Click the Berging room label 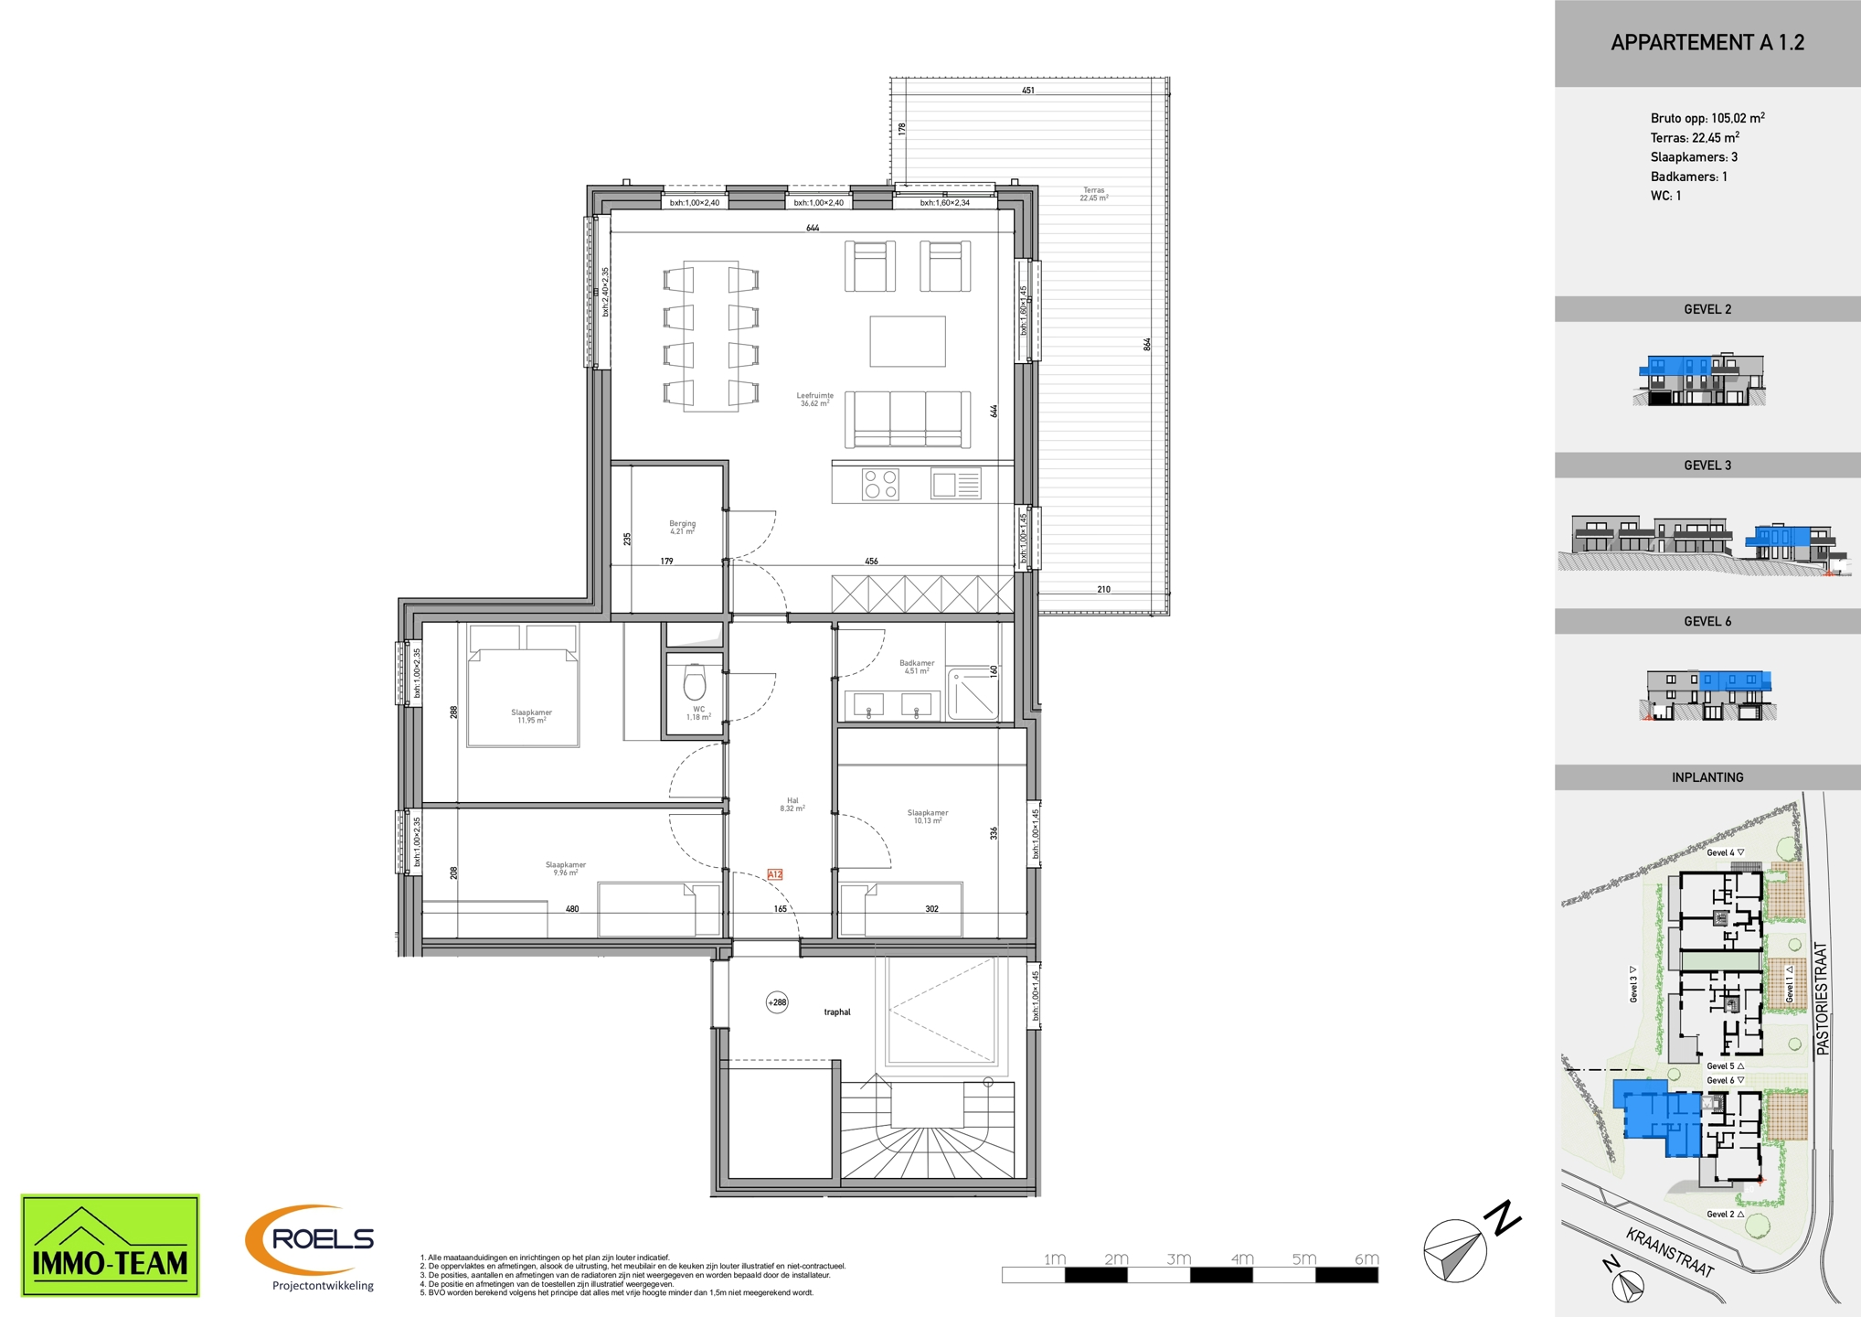[x=682, y=528]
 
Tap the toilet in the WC [x=695, y=682]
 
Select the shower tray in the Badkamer [x=973, y=694]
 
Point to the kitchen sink [x=956, y=484]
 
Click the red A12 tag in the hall [x=774, y=874]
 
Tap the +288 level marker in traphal [x=777, y=1002]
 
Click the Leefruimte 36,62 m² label [x=814, y=400]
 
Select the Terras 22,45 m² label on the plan [x=1094, y=194]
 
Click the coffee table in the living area [x=907, y=341]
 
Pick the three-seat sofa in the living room [x=907, y=419]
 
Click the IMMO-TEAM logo [x=110, y=1245]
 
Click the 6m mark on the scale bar [x=1367, y=1259]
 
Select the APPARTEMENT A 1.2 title [x=1707, y=43]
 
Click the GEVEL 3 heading [x=1707, y=466]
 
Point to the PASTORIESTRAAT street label [x=1822, y=999]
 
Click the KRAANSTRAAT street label [x=1669, y=1252]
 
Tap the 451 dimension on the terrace [x=1028, y=91]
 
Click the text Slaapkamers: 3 [x=1694, y=157]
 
